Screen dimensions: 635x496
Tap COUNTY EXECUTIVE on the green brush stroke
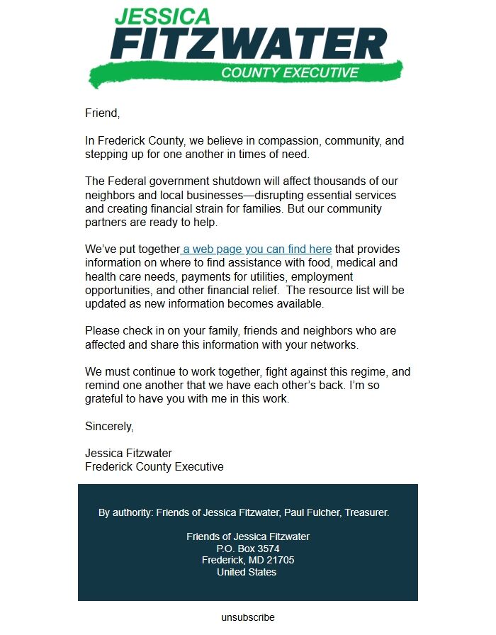pyautogui.click(x=290, y=73)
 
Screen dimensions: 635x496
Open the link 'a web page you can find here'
pyautogui.click(x=256, y=249)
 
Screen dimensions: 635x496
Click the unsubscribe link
pyautogui.click(x=248, y=617)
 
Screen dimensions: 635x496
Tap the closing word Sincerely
pyautogui.click(x=108, y=427)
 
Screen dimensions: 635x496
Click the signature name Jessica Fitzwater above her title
pyautogui.click(x=128, y=454)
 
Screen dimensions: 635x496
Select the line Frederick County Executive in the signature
pyautogui.click(x=154, y=467)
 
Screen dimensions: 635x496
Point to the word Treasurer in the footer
pyautogui.click(x=366, y=512)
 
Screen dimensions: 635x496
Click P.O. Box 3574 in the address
pyautogui.click(x=248, y=549)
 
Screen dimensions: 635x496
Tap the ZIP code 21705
pyautogui.click(x=281, y=560)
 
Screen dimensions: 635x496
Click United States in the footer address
pyautogui.click(x=247, y=572)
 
